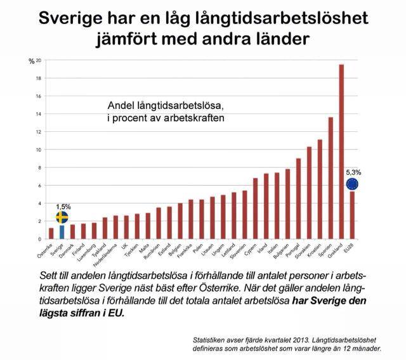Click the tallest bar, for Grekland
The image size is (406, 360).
pyautogui.click(x=341, y=152)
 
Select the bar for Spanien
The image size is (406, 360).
pyautogui.click(x=331, y=178)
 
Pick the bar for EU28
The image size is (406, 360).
pyautogui.click(x=352, y=215)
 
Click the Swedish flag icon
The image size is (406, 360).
pyautogui.click(x=62, y=217)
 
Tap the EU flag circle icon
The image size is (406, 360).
pyautogui.click(x=352, y=184)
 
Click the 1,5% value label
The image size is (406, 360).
pyautogui.click(x=63, y=207)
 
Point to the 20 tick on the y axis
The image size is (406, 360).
pyautogui.click(x=39, y=60)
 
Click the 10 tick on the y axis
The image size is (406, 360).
pyautogui.click(x=39, y=150)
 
